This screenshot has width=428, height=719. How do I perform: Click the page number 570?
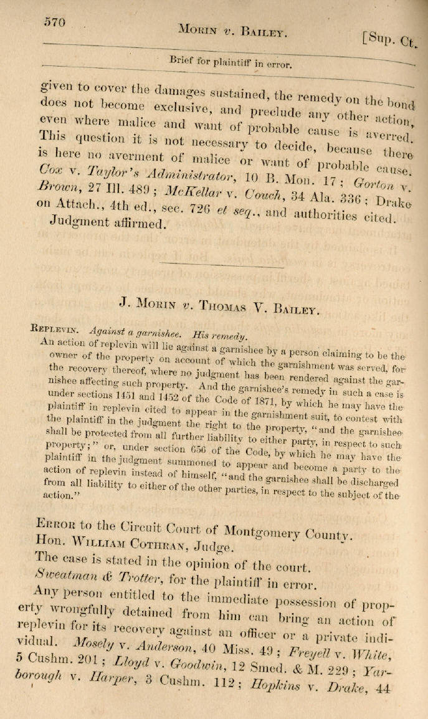(55, 22)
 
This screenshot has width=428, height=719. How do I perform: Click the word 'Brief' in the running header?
(184, 61)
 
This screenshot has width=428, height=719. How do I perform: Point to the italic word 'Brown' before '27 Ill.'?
(52, 186)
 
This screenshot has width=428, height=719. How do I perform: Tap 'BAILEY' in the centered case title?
(293, 307)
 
